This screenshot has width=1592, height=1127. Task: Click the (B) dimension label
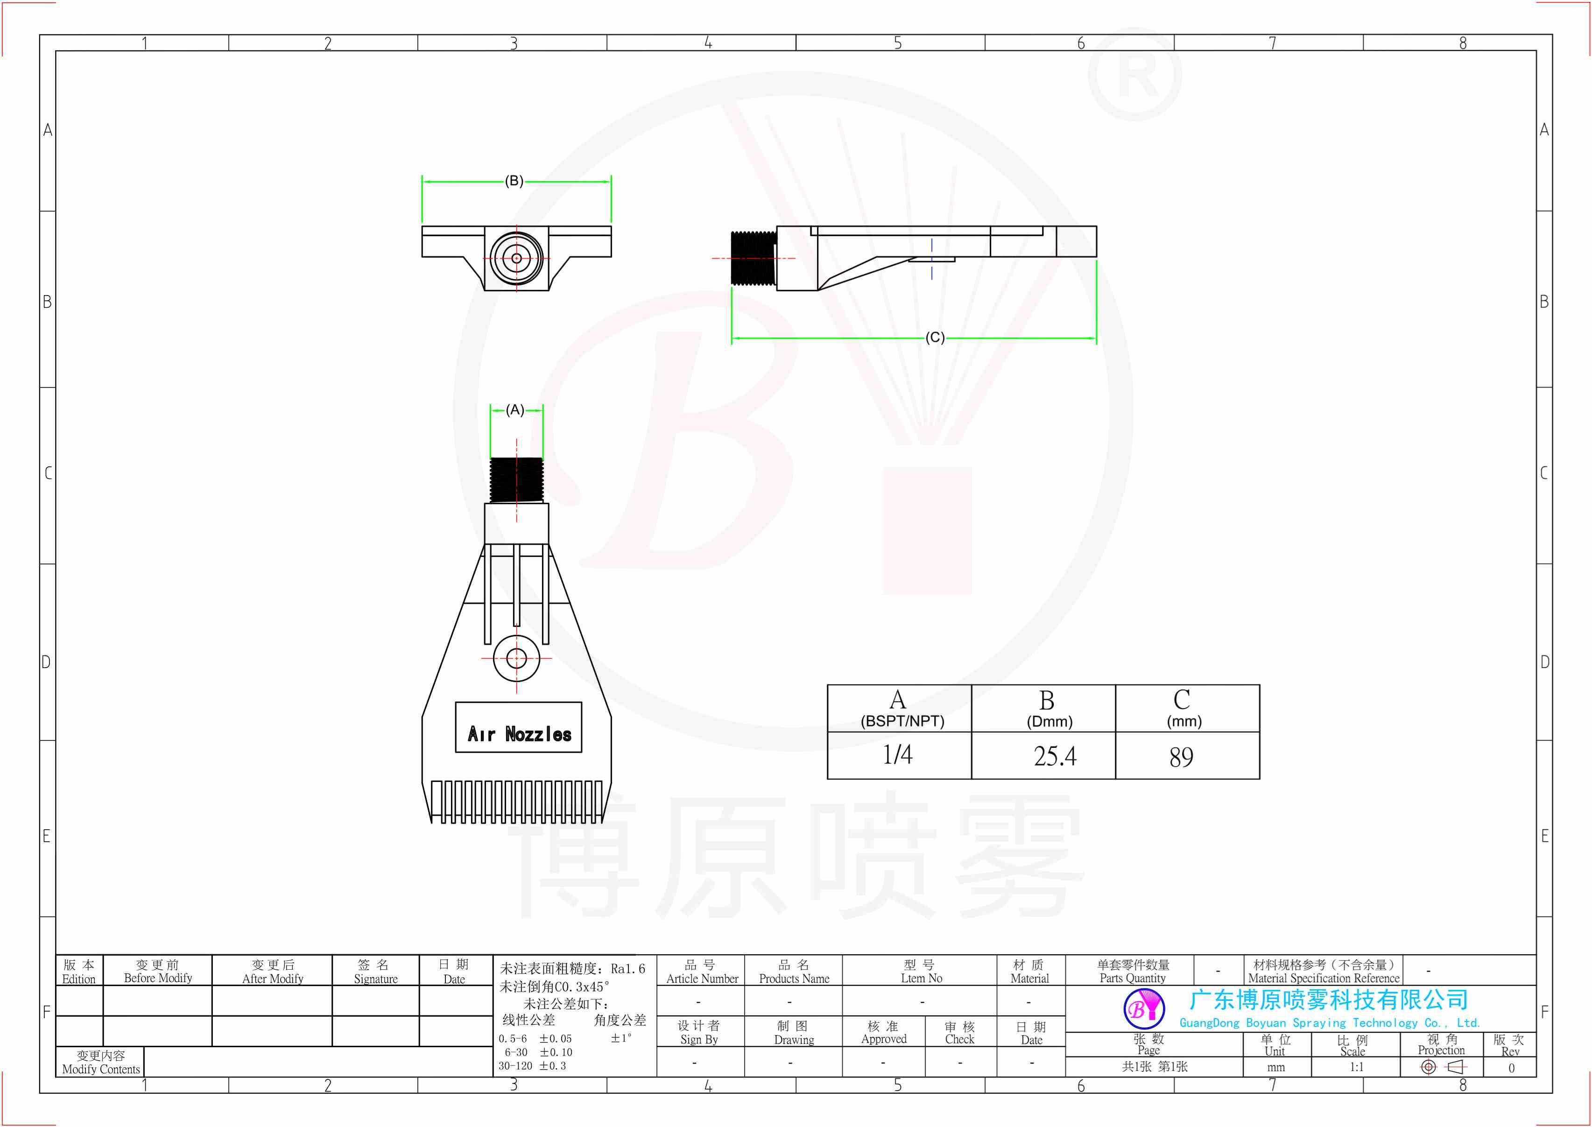(x=514, y=181)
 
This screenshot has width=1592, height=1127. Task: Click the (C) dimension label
(x=935, y=338)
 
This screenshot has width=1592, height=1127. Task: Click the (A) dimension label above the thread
(x=515, y=410)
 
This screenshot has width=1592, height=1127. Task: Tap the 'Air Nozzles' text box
(x=518, y=727)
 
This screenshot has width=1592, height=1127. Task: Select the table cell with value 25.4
(x=1054, y=756)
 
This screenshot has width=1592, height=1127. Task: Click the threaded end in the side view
(x=753, y=258)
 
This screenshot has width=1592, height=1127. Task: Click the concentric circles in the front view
(x=516, y=258)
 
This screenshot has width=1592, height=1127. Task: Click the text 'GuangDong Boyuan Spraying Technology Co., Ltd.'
(x=1329, y=1023)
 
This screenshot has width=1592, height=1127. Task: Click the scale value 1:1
(x=1356, y=1067)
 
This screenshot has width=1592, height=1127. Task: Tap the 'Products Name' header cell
(x=794, y=972)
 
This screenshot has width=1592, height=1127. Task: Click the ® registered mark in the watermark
(x=1134, y=75)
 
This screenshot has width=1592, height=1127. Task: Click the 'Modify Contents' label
(x=101, y=1063)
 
